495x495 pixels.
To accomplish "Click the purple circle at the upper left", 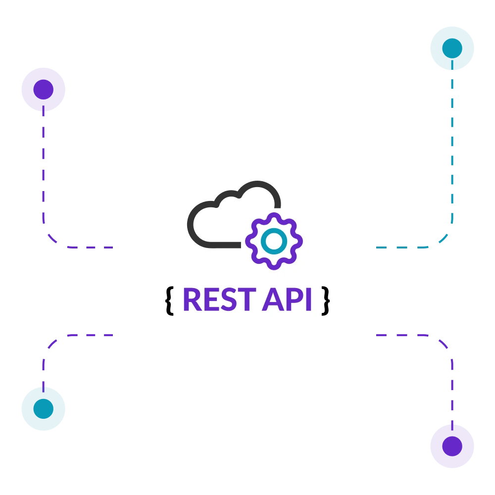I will click(43, 89).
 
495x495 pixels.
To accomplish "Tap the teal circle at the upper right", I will click(451, 48).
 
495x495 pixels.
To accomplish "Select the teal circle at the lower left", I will click(43, 408).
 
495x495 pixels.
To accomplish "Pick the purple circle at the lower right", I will click(451, 445).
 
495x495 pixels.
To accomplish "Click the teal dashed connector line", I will click(451, 158).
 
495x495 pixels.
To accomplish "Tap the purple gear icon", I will click(274, 241).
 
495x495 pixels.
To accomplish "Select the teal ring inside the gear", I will click(274, 241).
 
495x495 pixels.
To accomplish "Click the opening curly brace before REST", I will click(170, 299).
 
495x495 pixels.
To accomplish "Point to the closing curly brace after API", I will click(325, 299).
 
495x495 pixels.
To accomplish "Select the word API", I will click(287, 299).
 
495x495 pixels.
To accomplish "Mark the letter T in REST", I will click(246, 299).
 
